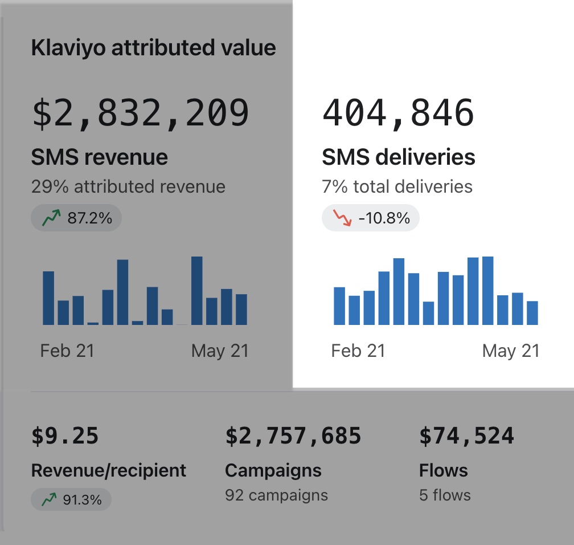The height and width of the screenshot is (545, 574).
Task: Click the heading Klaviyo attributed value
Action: (153, 48)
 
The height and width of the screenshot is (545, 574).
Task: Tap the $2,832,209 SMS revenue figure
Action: (141, 113)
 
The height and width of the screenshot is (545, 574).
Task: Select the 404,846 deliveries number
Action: (398, 113)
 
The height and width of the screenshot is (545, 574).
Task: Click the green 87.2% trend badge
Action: (76, 218)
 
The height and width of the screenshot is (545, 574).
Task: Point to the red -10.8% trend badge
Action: (371, 219)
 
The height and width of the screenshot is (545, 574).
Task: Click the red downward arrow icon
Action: (343, 219)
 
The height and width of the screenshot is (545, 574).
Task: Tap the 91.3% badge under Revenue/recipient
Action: (71, 500)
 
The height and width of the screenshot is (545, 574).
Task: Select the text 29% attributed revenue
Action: (128, 186)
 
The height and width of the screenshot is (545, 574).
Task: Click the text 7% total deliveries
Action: (397, 186)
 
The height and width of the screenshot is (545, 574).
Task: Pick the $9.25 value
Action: (65, 436)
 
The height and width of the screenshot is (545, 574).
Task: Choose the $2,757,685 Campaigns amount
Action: (293, 436)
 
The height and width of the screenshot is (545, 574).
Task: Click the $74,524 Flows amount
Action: (466, 436)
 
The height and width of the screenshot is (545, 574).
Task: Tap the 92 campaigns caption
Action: (276, 495)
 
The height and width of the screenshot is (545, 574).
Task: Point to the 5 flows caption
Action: (445, 495)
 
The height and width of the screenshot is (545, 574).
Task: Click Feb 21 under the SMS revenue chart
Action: (67, 351)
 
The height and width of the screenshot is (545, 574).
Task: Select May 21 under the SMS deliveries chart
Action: (510, 351)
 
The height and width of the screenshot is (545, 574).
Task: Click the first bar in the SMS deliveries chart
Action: (339, 306)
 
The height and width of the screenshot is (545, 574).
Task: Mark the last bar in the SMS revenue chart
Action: (241, 310)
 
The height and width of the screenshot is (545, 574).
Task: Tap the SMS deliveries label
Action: (399, 157)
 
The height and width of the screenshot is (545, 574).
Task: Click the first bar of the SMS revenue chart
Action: (49, 298)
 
